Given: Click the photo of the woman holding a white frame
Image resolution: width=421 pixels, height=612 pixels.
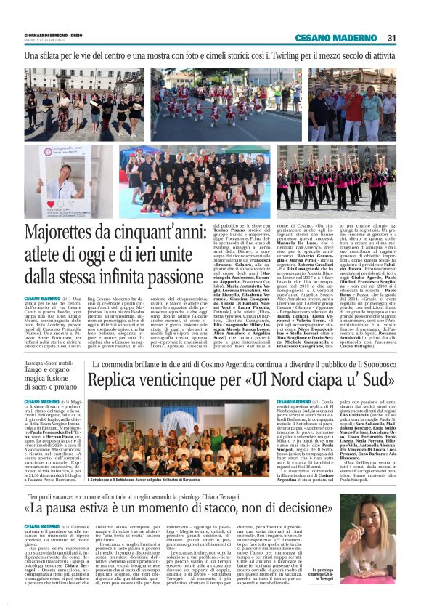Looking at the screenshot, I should pyautogui.click(x=68, y=181).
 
